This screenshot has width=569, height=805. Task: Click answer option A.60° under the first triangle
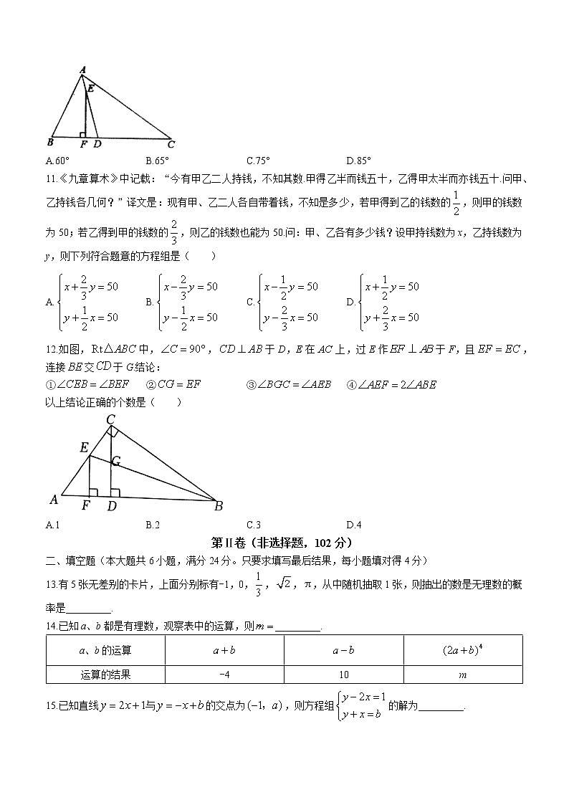pyautogui.click(x=57, y=161)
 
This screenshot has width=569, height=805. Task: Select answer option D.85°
pyautogui.click(x=358, y=161)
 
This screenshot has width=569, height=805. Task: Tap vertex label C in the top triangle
pyautogui.click(x=171, y=143)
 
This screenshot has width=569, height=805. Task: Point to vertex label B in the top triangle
pyautogui.click(x=50, y=142)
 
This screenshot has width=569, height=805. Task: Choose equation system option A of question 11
pyautogui.click(x=82, y=302)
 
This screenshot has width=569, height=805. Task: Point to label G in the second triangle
pyautogui.click(x=116, y=460)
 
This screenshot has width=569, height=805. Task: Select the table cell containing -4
pyautogui.click(x=224, y=674)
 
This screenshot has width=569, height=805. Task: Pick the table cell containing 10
pyautogui.click(x=343, y=674)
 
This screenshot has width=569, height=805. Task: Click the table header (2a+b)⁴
pyautogui.click(x=463, y=650)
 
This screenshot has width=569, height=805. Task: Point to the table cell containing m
pyautogui.click(x=463, y=674)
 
